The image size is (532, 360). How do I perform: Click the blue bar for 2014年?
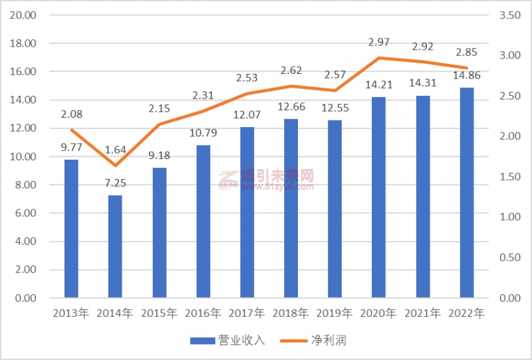[x=115, y=246]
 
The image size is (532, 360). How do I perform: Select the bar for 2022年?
[x=467, y=193]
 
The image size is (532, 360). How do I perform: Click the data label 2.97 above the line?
[x=378, y=43]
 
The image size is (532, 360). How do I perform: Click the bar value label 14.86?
[x=467, y=75]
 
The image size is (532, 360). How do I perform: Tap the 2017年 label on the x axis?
[x=247, y=313]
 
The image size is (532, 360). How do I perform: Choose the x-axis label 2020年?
[x=379, y=313]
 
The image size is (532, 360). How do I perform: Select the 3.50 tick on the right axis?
[x=507, y=15]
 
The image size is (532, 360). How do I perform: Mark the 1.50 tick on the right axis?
[x=507, y=176]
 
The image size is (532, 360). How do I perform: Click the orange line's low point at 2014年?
[x=115, y=165]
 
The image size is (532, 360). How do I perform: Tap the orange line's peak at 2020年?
[x=379, y=58]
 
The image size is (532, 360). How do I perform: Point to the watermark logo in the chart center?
[x=229, y=178]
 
